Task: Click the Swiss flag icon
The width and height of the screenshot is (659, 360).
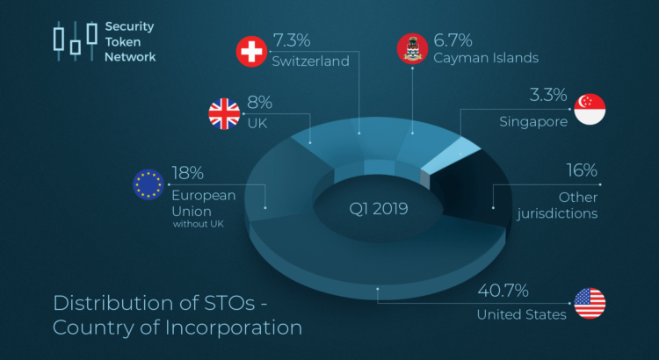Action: click(253, 53)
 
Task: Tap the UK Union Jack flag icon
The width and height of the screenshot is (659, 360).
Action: click(224, 114)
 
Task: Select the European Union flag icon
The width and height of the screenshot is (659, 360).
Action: click(148, 184)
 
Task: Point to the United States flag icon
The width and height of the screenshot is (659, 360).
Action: click(590, 304)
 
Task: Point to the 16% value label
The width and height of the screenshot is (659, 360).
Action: click(581, 170)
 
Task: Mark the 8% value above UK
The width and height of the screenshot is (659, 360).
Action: click(260, 103)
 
